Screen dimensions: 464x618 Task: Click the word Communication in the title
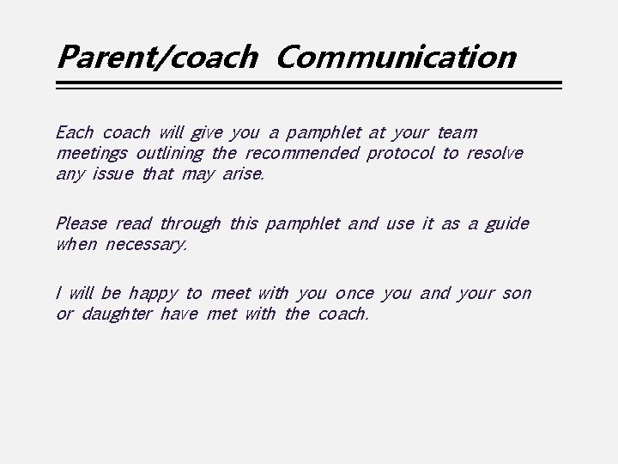pos(397,58)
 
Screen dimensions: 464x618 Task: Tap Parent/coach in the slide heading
pos(156,58)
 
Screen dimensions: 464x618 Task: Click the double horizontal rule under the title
pos(308,85)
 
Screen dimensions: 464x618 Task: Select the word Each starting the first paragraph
pos(74,133)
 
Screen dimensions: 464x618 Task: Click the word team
pos(457,133)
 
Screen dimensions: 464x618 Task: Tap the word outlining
pos(169,155)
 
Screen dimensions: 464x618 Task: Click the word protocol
pos(400,155)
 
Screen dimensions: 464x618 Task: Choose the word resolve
pos(494,154)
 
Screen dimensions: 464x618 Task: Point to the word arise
pos(244,175)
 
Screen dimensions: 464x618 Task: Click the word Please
pos(81,224)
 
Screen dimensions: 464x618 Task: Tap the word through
pos(190,225)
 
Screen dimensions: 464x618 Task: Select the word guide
pos(506,225)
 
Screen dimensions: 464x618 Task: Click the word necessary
pos(146,246)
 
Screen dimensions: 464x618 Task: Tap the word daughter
pos(117,315)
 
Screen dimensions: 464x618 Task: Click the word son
pos(517,294)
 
